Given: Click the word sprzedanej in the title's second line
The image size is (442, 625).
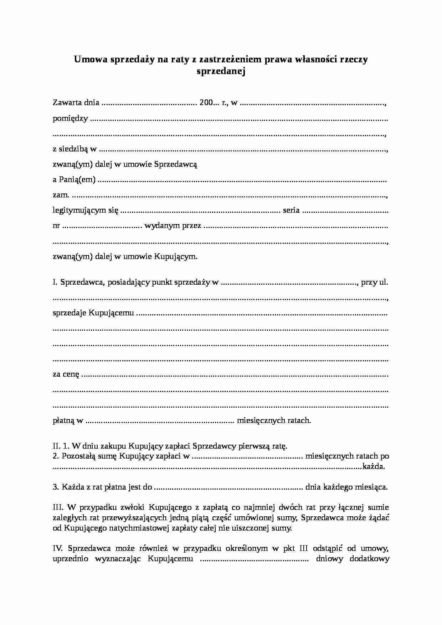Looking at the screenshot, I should tap(221, 72).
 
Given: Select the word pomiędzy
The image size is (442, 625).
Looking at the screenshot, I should tap(70, 119).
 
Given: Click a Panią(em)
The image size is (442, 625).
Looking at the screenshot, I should tap(74, 180).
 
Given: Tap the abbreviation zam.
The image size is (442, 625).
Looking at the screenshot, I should tap(61, 195).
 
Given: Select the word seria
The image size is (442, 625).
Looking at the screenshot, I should tap(291, 210).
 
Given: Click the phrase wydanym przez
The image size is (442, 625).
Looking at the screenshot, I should tap(173, 226).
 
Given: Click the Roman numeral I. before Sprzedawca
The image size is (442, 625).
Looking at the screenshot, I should tap(55, 283).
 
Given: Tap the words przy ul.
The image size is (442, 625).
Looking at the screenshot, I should tap(374, 283).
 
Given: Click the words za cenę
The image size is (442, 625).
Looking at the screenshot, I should tap(66, 375).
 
